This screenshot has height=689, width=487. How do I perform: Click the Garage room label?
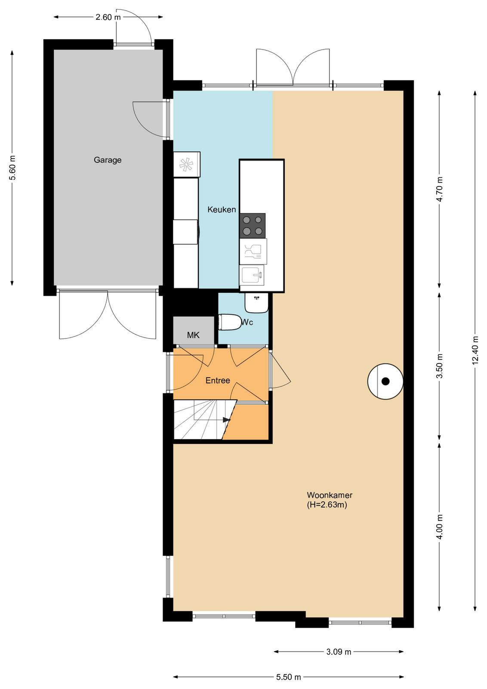(x=108, y=160)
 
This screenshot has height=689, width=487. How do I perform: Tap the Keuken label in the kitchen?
(x=222, y=209)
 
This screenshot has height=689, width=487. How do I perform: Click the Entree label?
(x=218, y=381)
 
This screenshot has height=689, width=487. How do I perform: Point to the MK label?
(x=193, y=335)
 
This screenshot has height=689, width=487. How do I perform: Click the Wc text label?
(x=247, y=322)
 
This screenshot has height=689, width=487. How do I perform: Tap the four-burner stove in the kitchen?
(x=252, y=226)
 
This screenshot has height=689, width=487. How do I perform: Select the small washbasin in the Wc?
(x=256, y=303)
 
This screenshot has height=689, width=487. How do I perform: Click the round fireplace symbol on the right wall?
(x=385, y=382)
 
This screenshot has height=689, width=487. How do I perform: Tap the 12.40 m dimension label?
(x=476, y=350)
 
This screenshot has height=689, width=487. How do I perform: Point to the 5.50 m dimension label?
(x=288, y=677)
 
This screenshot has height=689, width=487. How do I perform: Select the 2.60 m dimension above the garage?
(x=108, y=17)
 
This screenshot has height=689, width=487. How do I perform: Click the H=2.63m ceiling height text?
(x=327, y=505)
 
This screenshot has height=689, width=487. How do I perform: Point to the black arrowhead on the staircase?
(x=227, y=419)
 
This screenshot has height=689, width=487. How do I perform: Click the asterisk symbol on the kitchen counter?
(x=185, y=164)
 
